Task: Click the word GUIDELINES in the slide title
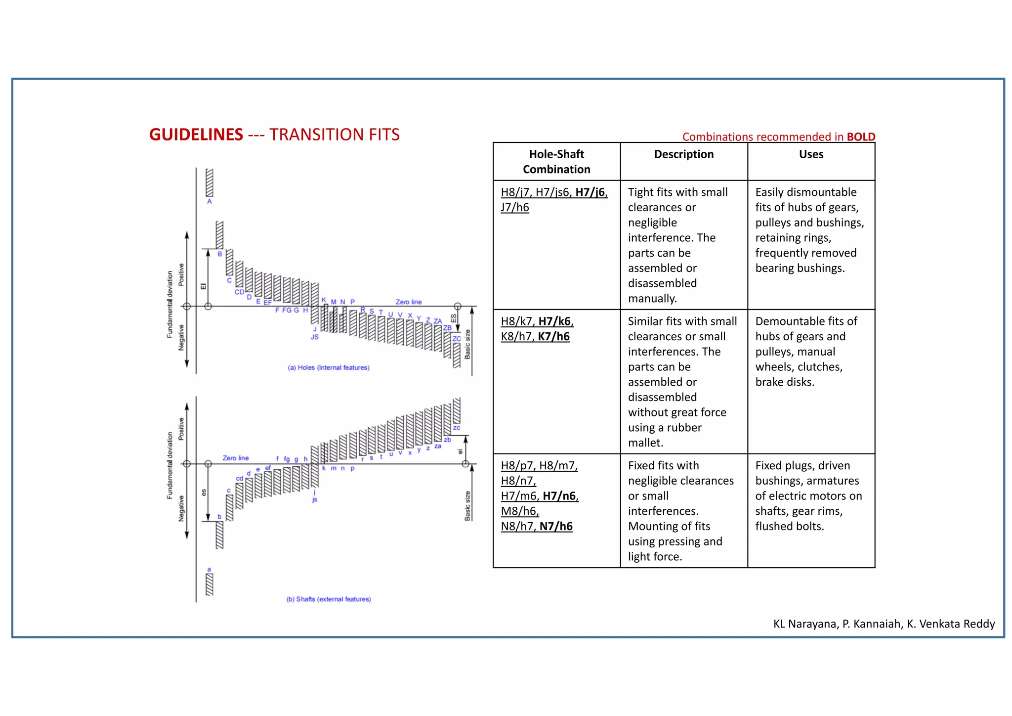tap(196, 134)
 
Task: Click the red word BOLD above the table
tap(861, 136)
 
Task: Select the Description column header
tap(683, 154)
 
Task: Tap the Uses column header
tap(811, 154)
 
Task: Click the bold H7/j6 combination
tap(590, 192)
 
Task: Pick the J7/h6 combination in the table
tap(514, 207)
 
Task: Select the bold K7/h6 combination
tap(553, 337)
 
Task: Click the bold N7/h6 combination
tap(556, 527)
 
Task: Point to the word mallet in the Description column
tap(645, 443)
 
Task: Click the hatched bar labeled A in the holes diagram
tap(210, 182)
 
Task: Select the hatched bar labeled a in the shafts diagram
tap(210, 584)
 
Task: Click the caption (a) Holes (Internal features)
tap(329, 367)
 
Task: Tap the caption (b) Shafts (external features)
tap(329, 599)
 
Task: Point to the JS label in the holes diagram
tap(315, 337)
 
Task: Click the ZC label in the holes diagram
tap(457, 339)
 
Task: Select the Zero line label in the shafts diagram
tap(236, 458)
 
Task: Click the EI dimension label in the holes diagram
tap(203, 286)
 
